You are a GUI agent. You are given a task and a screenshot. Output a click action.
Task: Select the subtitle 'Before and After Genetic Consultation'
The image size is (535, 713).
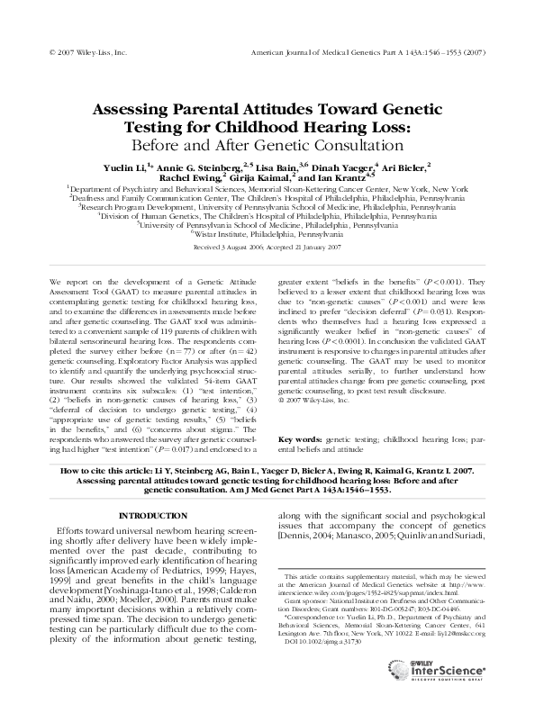[267, 144]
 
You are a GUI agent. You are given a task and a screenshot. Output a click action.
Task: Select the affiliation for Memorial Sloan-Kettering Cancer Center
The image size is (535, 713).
[267, 189]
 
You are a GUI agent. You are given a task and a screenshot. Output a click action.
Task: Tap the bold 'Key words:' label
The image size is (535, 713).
[300, 438]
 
